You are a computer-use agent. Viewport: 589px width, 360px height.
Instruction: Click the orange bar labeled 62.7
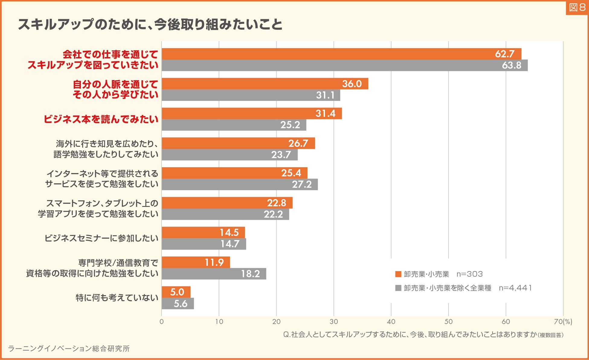341,54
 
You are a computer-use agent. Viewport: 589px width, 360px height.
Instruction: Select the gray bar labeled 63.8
344,65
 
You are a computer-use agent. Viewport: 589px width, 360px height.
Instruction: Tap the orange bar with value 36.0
265,84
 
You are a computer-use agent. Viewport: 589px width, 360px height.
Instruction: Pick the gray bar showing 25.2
234,125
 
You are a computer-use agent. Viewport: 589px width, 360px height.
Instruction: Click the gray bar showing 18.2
214,274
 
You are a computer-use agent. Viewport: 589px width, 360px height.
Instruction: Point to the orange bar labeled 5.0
176,292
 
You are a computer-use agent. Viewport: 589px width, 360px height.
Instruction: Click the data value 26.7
298,143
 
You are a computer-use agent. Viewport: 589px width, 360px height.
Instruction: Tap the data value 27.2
301,184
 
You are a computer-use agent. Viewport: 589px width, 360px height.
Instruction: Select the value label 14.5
229,233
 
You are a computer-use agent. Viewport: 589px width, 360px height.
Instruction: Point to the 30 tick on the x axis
333,322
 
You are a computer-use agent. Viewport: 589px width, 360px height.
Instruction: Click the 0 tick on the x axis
162,322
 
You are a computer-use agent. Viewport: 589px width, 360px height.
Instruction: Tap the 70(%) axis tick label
563,322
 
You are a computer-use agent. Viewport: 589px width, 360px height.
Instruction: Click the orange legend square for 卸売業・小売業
398,274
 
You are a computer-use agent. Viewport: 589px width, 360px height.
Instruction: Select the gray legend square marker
398,288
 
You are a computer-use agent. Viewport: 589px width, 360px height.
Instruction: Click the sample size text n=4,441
515,288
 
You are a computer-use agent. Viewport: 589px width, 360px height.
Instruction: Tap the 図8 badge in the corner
577,8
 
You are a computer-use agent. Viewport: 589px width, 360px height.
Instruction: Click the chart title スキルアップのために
150,24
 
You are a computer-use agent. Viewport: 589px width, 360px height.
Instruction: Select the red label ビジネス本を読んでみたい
101,119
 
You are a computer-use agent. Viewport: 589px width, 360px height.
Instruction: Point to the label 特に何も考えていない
117,298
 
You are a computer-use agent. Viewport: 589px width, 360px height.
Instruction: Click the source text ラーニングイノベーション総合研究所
69,349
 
